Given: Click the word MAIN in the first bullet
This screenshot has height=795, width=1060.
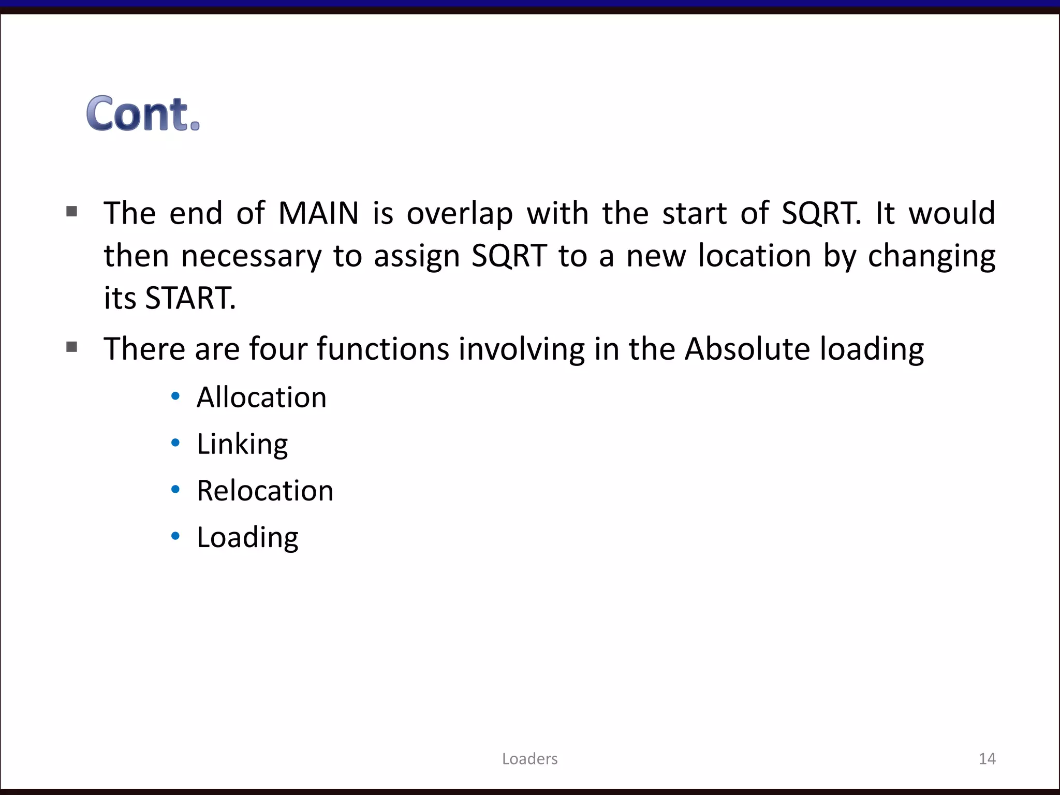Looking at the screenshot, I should [318, 213].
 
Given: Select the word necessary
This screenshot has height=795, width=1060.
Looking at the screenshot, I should [251, 257].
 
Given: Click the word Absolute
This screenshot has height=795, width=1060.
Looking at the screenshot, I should [747, 349].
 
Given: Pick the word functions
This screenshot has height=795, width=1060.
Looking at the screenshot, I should [383, 349].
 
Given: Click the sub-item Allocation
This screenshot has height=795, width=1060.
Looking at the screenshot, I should [261, 397].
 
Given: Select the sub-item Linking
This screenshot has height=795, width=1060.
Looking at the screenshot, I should [242, 444].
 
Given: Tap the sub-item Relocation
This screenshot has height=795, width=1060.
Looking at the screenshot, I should [265, 491].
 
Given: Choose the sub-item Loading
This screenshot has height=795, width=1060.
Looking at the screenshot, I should [247, 537].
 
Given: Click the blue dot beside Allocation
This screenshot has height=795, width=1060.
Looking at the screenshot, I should [175, 396].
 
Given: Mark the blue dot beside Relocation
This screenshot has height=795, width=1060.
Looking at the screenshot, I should [175, 490].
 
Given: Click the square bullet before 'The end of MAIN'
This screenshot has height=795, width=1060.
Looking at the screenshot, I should [72, 211].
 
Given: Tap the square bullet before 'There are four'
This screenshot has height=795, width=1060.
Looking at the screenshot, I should [72, 347].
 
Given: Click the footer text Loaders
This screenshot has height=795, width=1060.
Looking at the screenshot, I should [529, 759].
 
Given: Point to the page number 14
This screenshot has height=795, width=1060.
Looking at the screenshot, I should [987, 759].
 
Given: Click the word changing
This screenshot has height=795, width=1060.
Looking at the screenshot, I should [931, 257].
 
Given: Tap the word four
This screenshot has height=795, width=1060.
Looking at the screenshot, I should [278, 349].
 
